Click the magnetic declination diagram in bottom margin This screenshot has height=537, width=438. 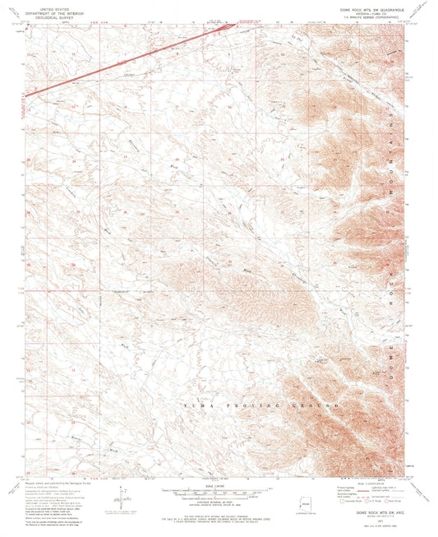coord(124,498)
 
